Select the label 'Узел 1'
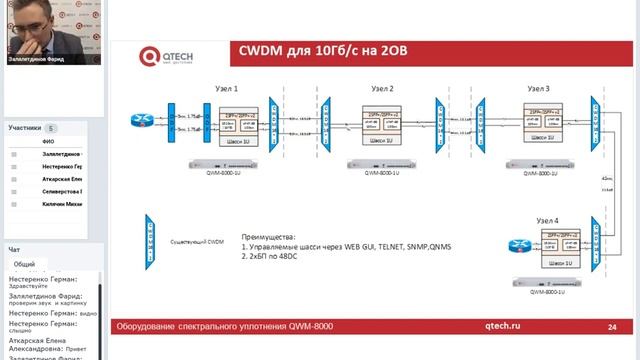tap(226, 89)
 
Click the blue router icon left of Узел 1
tap(140, 122)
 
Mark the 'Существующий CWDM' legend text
tap(196, 240)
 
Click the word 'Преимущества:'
tap(267, 236)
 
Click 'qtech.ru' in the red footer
tap(502, 326)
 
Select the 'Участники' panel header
tap(26, 128)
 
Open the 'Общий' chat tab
tap(24, 264)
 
